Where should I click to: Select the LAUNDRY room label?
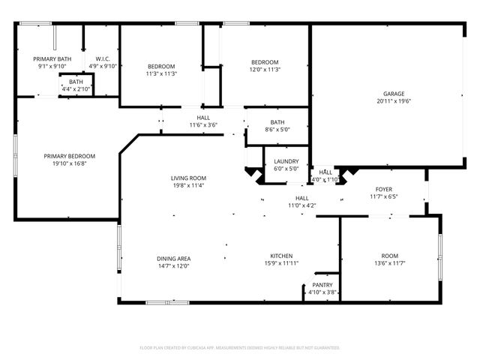click(286, 161)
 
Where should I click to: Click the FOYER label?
click(384, 189)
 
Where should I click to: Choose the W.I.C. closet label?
click(103, 58)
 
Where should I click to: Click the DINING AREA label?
click(173, 258)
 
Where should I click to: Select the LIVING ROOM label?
click(188, 178)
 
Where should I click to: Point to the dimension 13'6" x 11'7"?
click(389, 263)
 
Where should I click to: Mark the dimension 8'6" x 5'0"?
click(277, 130)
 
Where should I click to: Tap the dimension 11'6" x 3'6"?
click(203, 125)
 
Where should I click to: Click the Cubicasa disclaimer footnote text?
click(240, 348)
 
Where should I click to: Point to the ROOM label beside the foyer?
click(389, 256)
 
